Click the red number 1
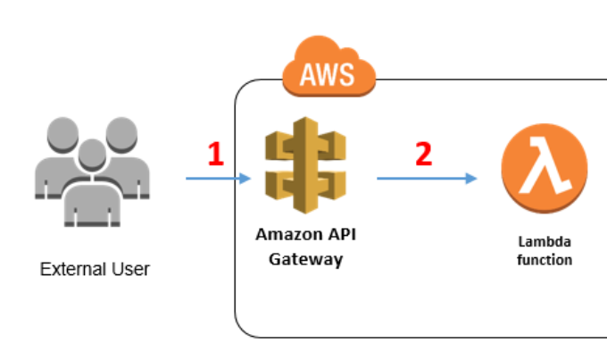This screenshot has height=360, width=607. pyautogui.click(x=216, y=154)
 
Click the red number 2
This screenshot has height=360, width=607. pyautogui.click(x=423, y=154)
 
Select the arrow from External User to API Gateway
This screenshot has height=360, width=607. pyautogui.click(x=219, y=179)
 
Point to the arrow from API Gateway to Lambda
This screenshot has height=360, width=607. pyautogui.click(x=427, y=179)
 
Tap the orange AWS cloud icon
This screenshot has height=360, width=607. pyautogui.click(x=329, y=67)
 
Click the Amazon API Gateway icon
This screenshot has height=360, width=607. pyautogui.click(x=305, y=165)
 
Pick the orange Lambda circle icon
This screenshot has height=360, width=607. pyautogui.click(x=545, y=168)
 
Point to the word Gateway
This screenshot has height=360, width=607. pyautogui.click(x=306, y=260)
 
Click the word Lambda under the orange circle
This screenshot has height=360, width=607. pyautogui.click(x=545, y=242)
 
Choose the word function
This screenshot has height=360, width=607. pyautogui.click(x=545, y=260)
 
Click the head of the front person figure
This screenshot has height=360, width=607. pyautogui.click(x=92, y=155)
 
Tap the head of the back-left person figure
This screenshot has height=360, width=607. pyautogui.click(x=62, y=135)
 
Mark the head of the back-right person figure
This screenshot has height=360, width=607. pyautogui.click(x=121, y=135)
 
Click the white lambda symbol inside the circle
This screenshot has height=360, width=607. pyautogui.click(x=545, y=165)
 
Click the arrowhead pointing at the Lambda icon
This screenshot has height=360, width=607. pyautogui.click(x=471, y=179)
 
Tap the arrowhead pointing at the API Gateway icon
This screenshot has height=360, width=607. pyautogui.click(x=245, y=179)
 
